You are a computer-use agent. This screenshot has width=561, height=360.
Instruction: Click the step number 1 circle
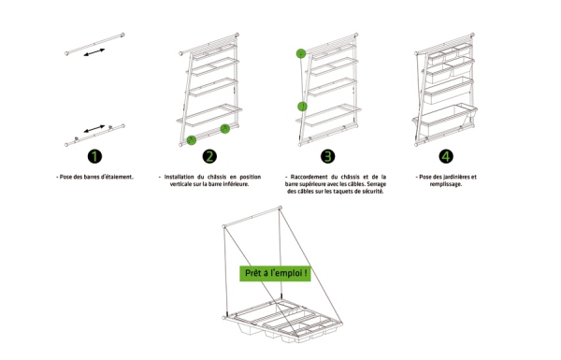[x=94, y=156]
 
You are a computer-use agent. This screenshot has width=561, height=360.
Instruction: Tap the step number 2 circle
[x=209, y=156]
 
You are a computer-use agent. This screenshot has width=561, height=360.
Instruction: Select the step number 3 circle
[x=328, y=156]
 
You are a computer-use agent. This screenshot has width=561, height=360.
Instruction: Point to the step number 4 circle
[x=446, y=156]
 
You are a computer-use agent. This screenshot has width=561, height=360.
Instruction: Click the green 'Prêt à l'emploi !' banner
[x=275, y=273]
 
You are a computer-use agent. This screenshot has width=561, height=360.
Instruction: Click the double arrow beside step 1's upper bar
[x=94, y=52]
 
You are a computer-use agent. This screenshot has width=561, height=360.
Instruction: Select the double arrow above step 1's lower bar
[x=94, y=128]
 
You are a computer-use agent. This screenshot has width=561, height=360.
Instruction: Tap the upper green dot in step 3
[x=301, y=53]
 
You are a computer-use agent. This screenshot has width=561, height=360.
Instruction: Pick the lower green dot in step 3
[x=302, y=107]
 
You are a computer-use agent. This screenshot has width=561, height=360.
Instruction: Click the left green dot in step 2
[x=192, y=140]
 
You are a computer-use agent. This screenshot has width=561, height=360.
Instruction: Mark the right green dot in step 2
[x=224, y=129]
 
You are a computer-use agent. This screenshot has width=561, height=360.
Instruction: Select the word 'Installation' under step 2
[x=179, y=177]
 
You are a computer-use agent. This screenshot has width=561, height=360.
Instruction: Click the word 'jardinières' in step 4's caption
[x=456, y=177]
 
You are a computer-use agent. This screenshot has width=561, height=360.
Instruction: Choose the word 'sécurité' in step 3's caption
[x=372, y=192]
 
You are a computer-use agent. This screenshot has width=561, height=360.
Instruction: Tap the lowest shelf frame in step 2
[x=209, y=115]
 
